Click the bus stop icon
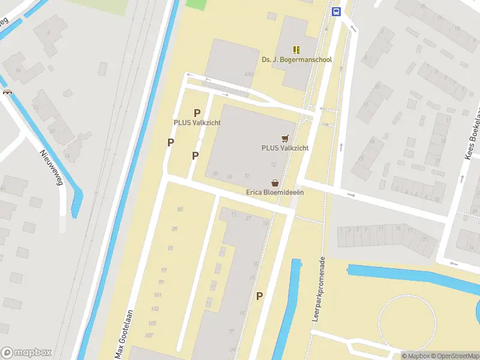coord(336,11)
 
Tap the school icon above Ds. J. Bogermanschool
coord(296,50)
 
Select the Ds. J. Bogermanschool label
coord(296,60)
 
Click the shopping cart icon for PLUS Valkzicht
coord(284,137)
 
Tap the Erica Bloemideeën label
coord(275,193)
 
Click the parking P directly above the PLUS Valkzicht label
coord(197,113)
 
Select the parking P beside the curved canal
coord(260,296)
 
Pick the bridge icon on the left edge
coord(7,92)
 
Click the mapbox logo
coord(26,353)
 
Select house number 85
coord(180,209)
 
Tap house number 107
coord(149,335)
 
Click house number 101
coord(158,295)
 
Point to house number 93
coord(170,248)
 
